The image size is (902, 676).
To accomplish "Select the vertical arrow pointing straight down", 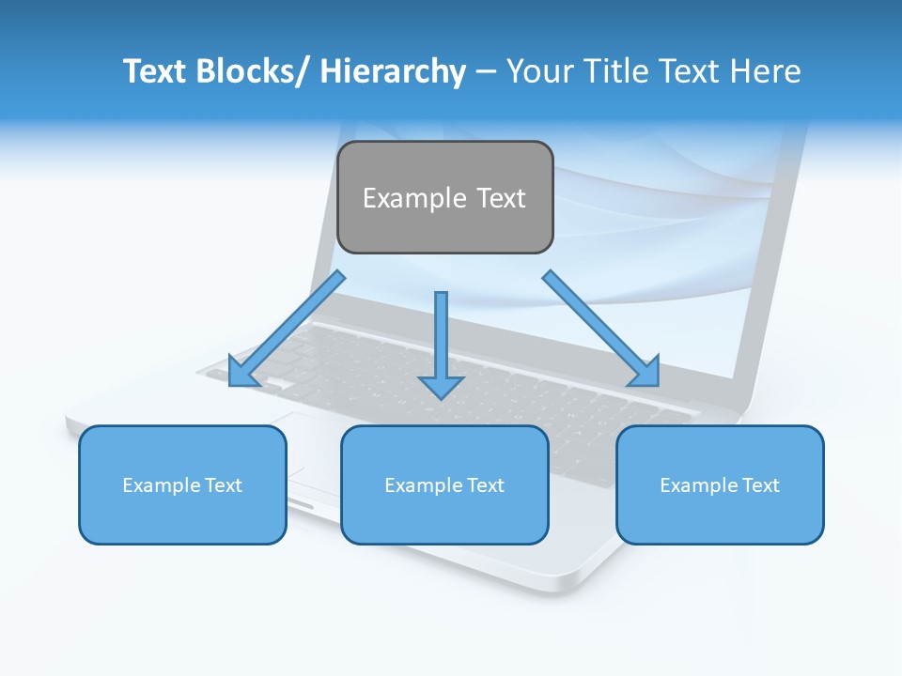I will [x=442, y=338].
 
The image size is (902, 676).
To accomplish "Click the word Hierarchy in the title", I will [x=393, y=71].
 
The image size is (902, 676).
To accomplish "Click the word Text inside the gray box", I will [x=501, y=198].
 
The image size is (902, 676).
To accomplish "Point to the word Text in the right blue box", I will [x=760, y=485].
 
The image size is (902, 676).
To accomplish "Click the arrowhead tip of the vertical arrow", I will [x=442, y=397].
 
